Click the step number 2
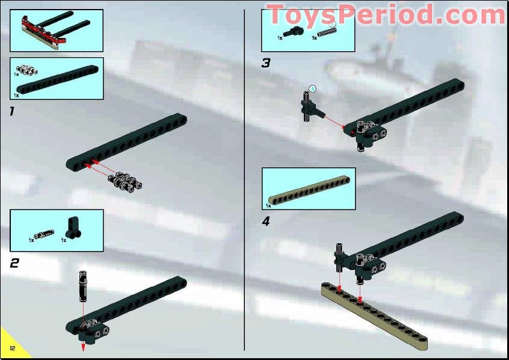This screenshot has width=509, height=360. tap(14, 262)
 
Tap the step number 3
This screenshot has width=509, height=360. tap(266, 63)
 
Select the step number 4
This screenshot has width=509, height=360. tap(266, 221)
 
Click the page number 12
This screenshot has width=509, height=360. tap(11, 349)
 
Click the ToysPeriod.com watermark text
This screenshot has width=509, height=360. tap(385, 14)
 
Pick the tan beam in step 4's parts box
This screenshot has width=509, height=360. tap(310, 190)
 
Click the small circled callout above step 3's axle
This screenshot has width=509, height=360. tap(312, 88)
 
